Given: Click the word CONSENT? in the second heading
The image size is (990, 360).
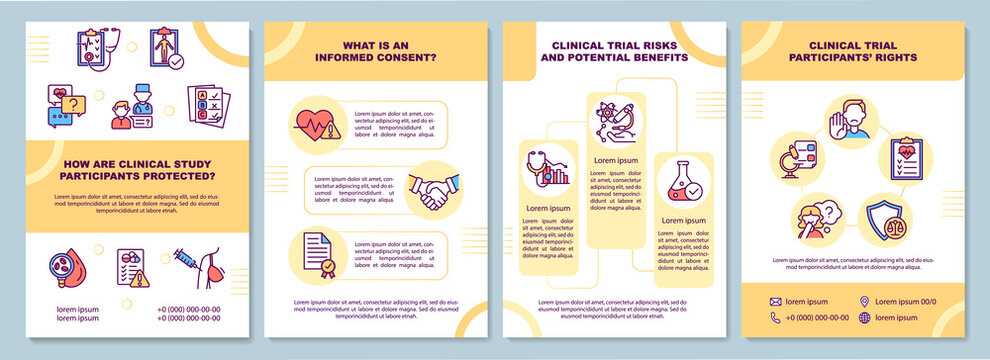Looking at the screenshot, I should click(x=402, y=57).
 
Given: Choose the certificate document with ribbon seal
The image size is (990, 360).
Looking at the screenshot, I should click(x=316, y=254).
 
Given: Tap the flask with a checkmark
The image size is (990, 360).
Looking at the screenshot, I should click(x=684, y=184).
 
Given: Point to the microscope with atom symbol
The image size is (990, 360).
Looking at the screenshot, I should click(x=613, y=123).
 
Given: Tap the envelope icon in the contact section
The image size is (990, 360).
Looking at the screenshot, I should click(x=775, y=301).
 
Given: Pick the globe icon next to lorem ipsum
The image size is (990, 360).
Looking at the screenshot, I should click(x=864, y=318).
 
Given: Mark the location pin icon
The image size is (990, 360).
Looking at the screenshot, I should click(x=864, y=301).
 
